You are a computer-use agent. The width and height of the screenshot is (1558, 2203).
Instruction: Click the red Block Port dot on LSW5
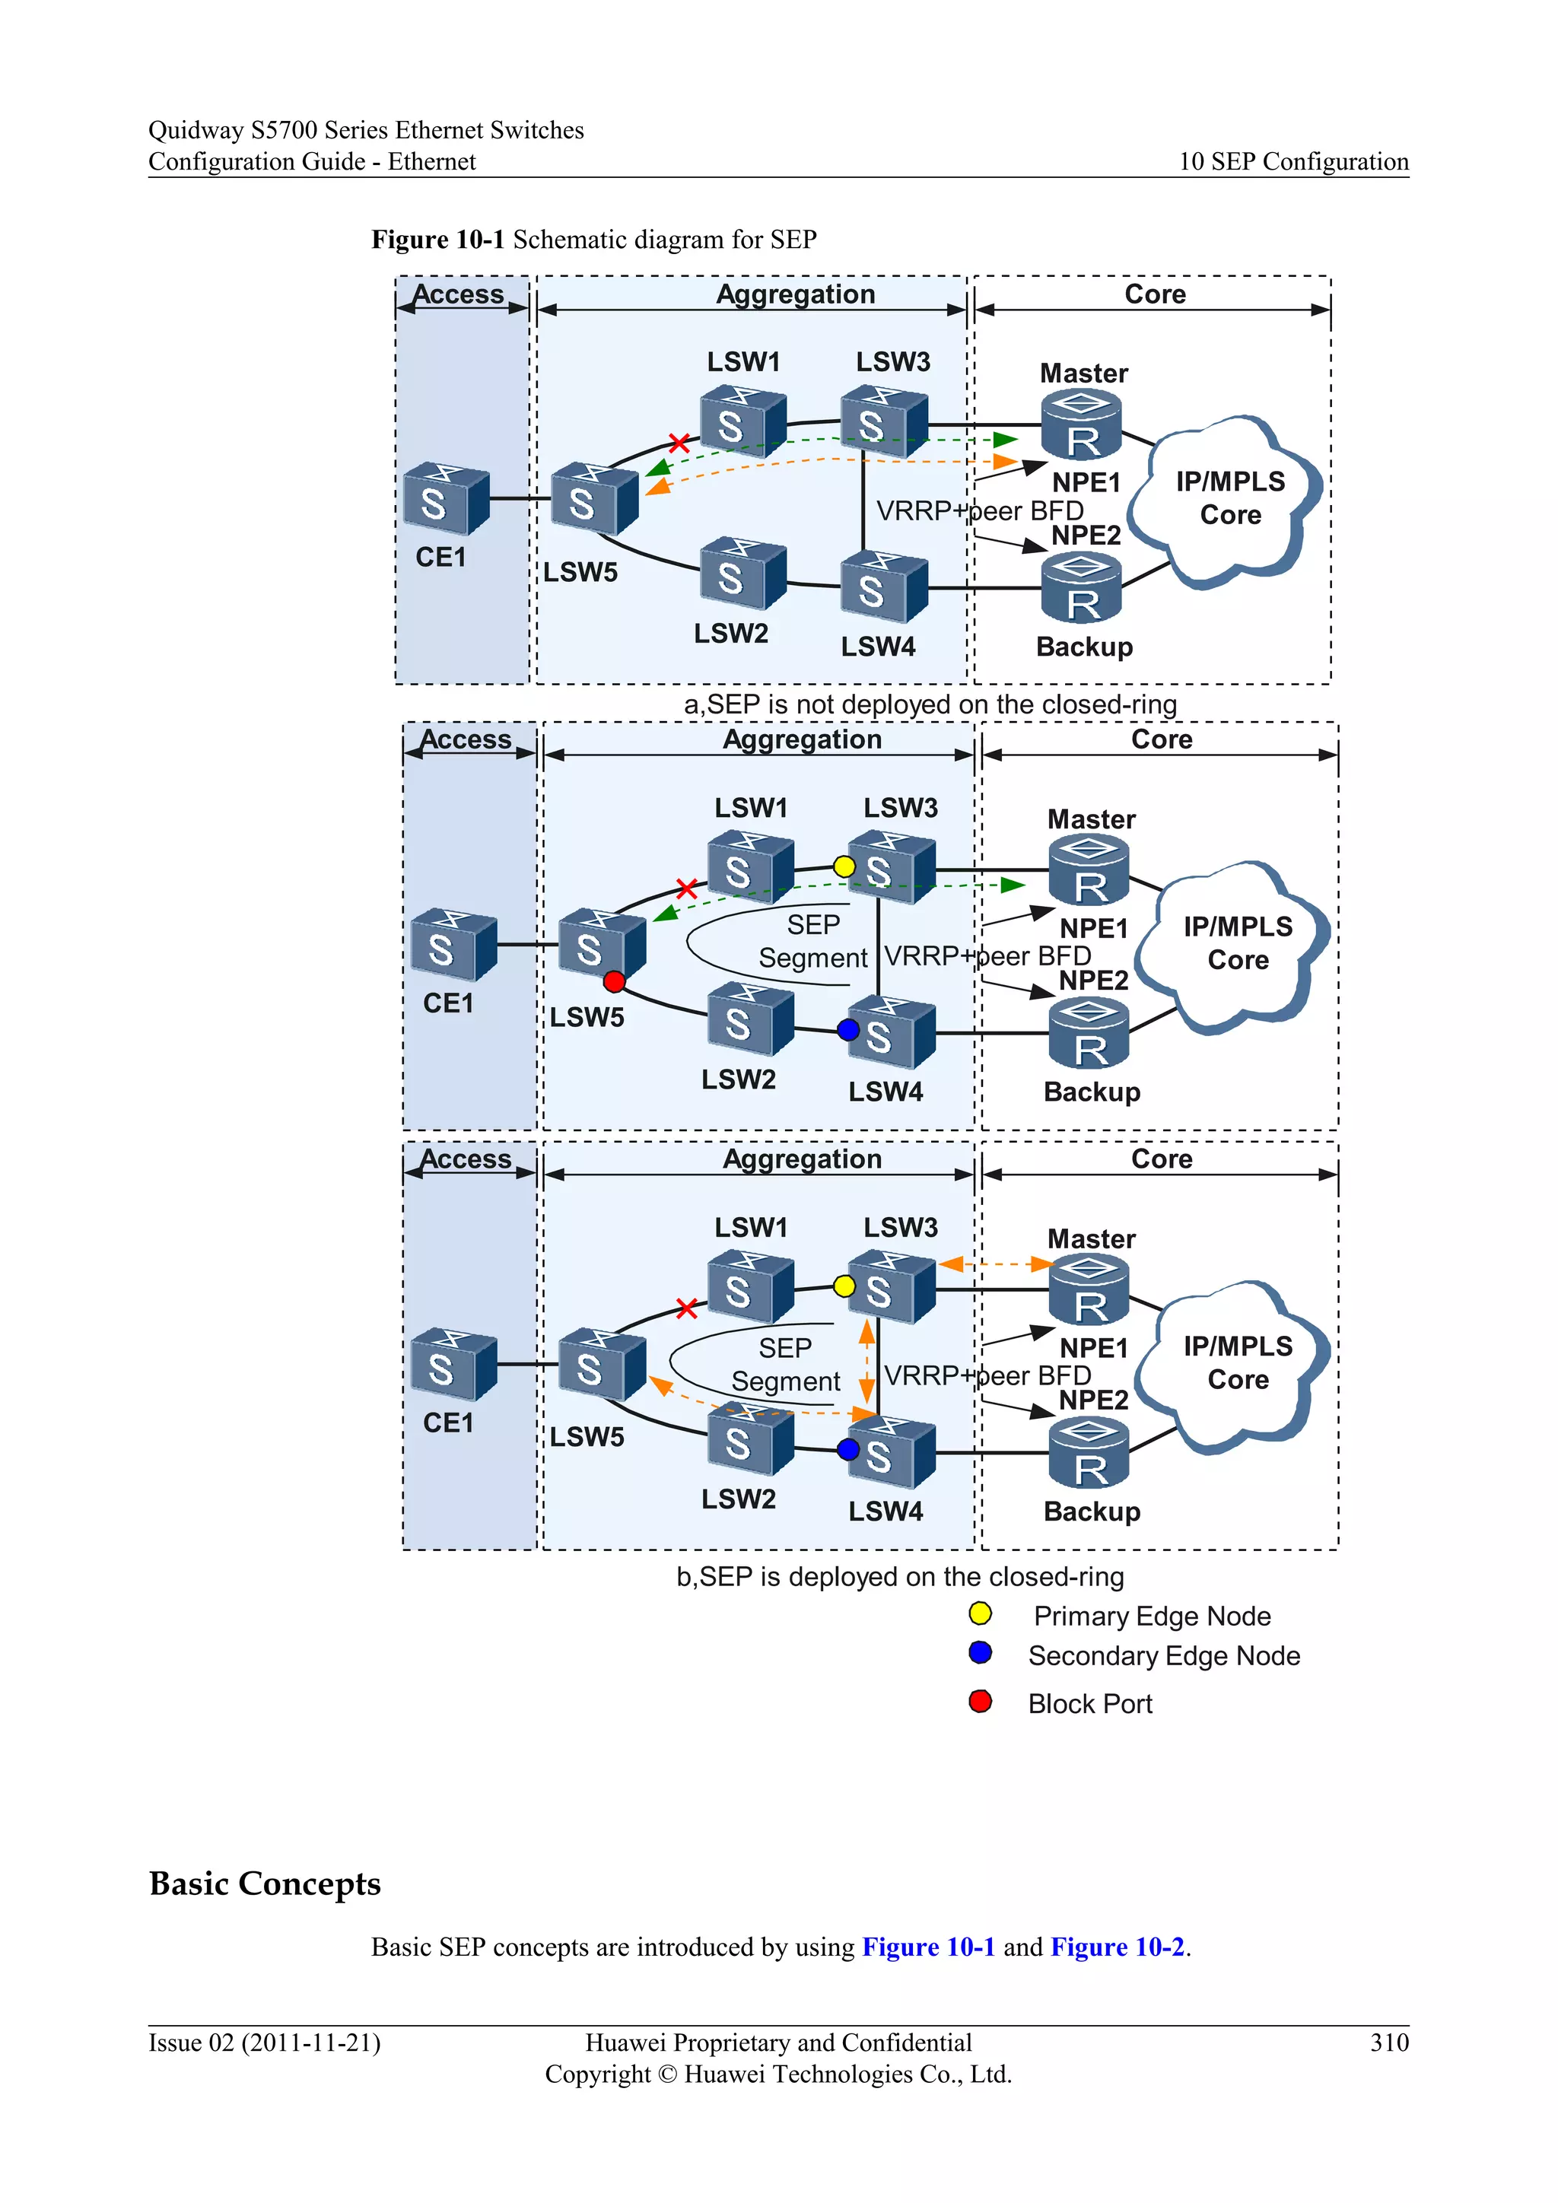(614, 981)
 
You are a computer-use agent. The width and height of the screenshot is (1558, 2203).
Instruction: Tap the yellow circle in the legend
(980, 1614)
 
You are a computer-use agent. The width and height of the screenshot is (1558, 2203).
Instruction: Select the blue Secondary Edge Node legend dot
(980, 1653)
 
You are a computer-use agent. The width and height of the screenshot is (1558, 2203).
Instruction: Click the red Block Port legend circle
(980, 1701)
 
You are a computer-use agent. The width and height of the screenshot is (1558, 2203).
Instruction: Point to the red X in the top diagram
(679, 442)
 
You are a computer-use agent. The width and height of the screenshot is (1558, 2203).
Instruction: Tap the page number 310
(1388, 2042)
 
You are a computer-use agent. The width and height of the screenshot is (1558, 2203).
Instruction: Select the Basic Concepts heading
(265, 1883)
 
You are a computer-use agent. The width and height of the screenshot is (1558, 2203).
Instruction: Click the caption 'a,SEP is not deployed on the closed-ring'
(930, 704)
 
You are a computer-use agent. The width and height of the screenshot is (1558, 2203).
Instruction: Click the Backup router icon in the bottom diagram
(1089, 1453)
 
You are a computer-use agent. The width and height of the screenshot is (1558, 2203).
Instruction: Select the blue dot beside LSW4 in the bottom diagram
(848, 1449)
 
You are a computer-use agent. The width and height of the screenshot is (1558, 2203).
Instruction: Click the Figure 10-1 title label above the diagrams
(594, 239)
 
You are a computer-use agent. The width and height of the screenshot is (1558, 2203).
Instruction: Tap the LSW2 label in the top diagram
(731, 633)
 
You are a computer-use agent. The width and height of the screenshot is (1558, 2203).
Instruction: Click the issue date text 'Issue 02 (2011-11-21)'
(264, 2042)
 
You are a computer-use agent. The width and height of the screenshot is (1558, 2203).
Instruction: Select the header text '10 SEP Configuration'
(1293, 161)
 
